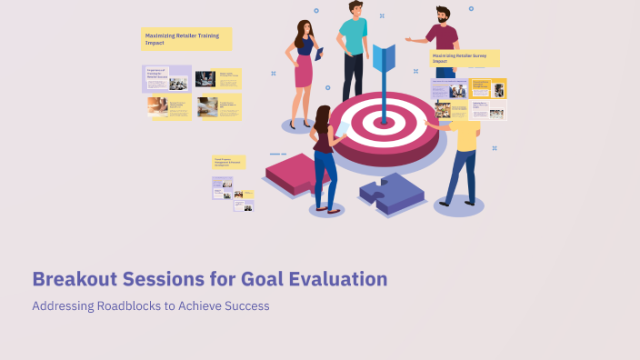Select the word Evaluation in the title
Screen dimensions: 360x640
pyautogui.click(x=337, y=279)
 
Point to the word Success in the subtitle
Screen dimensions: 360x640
pyautogui.click(x=247, y=306)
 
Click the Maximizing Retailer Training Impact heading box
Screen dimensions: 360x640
pyautogui.click(x=186, y=38)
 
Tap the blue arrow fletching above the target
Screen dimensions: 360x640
pyautogui.click(x=383, y=56)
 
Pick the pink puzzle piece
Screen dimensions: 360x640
pyautogui.click(x=298, y=172)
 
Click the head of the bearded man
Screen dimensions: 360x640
pyautogui.click(x=442, y=15)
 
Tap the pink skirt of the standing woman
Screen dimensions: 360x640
pyautogui.click(x=303, y=70)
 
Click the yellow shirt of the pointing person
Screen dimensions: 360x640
pyautogui.click(x=465, y=134)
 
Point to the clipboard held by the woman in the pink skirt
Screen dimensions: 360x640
pyautogui.click(x=319, y=53)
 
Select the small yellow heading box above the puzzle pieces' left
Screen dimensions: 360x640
pyautogui.click(x=229, y=162)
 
